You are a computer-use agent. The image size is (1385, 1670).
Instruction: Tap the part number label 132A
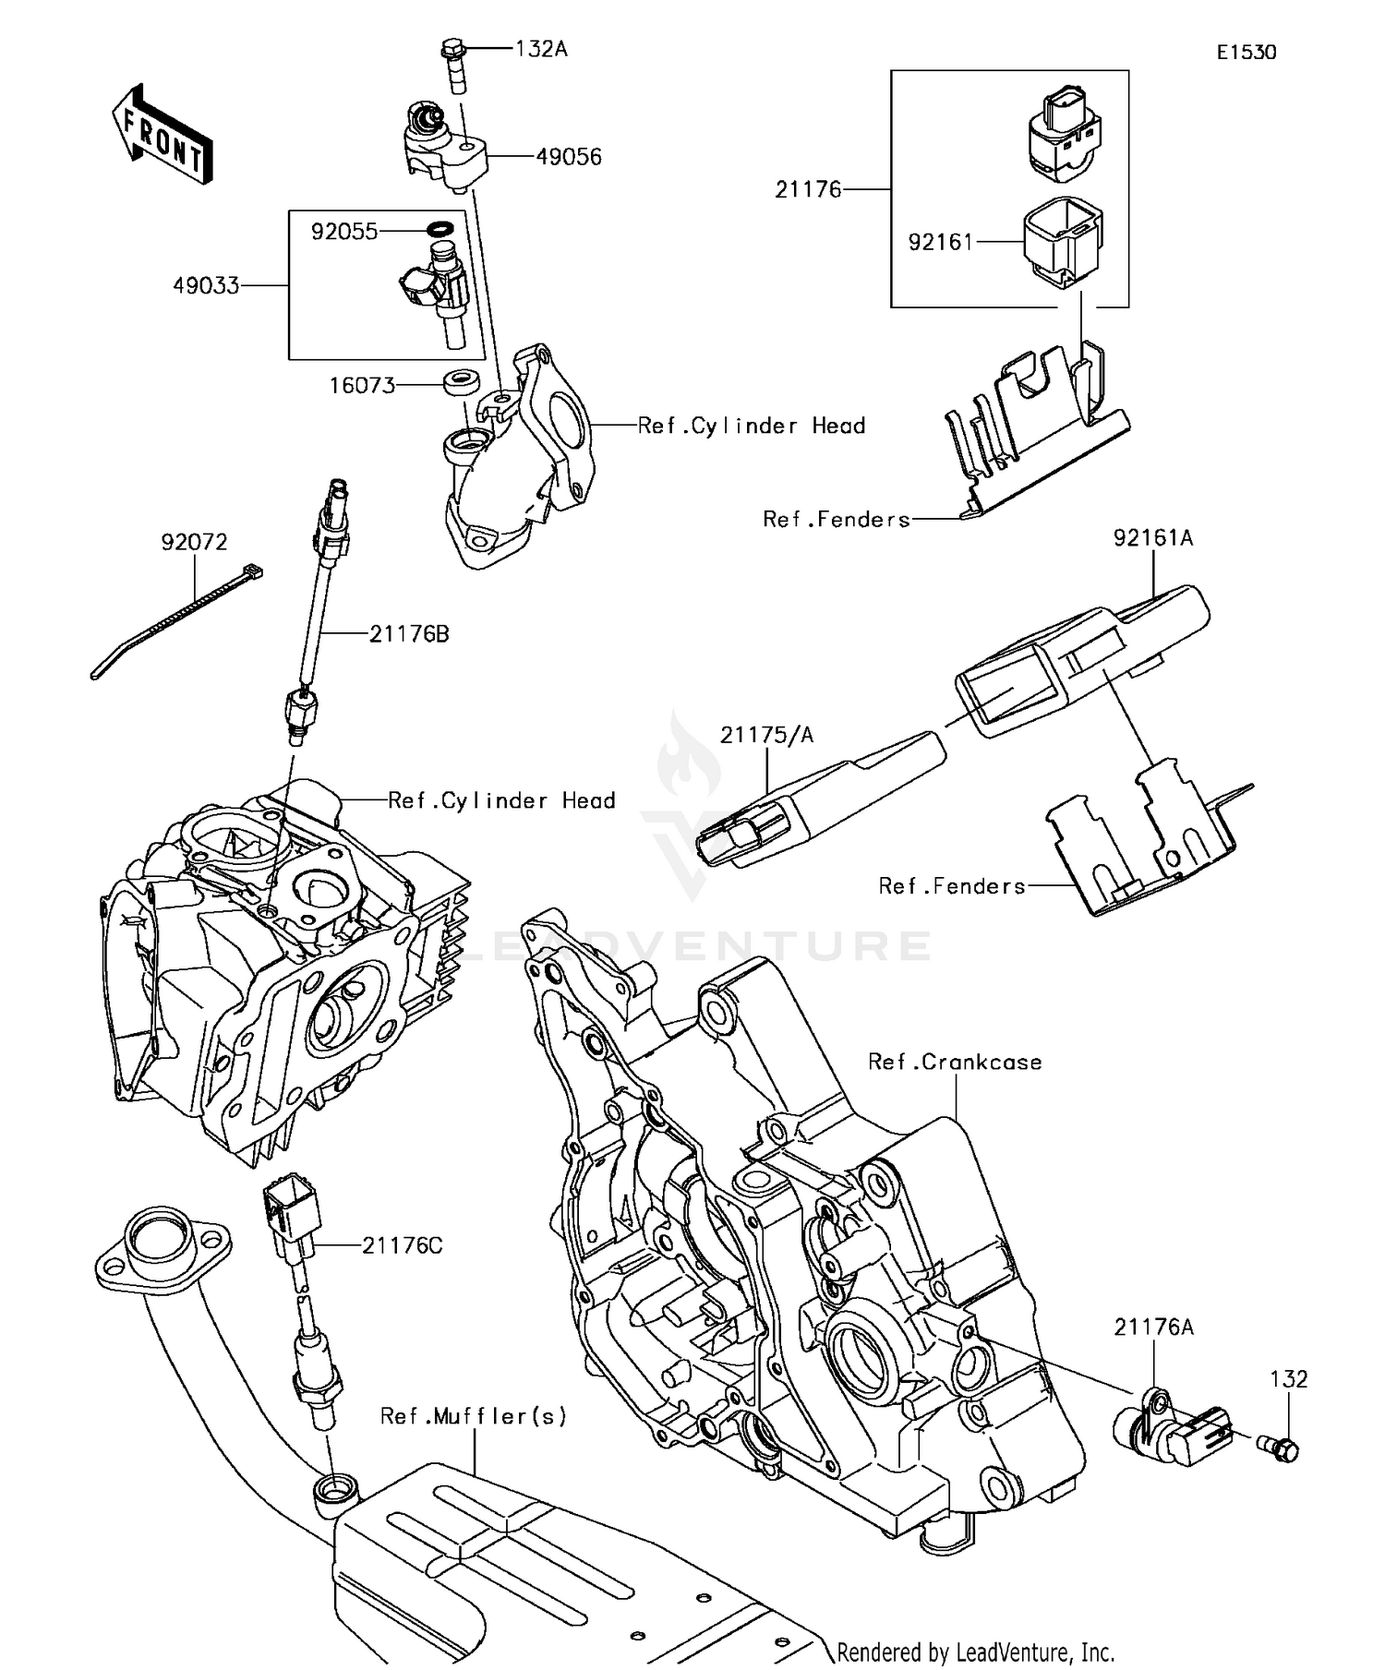tap(541, 49)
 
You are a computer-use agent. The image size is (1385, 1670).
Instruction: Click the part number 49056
tap(569, 157)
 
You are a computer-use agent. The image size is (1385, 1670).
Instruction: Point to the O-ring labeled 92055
tap(442, 229)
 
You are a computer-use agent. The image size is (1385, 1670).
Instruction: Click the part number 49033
tap(206, 286)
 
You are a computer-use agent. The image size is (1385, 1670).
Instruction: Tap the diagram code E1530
tap(1246, 53)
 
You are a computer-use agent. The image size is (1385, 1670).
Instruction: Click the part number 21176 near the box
tap(808, 189)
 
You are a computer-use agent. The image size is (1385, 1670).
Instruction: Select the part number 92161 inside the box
tap(941, 242)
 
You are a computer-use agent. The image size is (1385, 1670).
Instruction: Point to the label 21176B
tap(409, 634)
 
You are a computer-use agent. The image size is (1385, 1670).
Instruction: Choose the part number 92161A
tap(1153, 537)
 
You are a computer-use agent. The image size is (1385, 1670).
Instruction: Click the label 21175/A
tap(767, 735)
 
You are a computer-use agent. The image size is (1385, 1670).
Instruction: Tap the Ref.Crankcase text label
tap(955, 1063)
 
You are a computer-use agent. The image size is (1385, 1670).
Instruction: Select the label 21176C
tap(402, 1246)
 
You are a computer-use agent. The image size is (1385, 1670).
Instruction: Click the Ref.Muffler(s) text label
tap(474, 1415)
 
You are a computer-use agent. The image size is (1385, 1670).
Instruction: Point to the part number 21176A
tap(1153, 1327)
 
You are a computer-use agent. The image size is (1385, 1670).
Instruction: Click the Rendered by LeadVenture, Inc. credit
tap(976, 1651)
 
